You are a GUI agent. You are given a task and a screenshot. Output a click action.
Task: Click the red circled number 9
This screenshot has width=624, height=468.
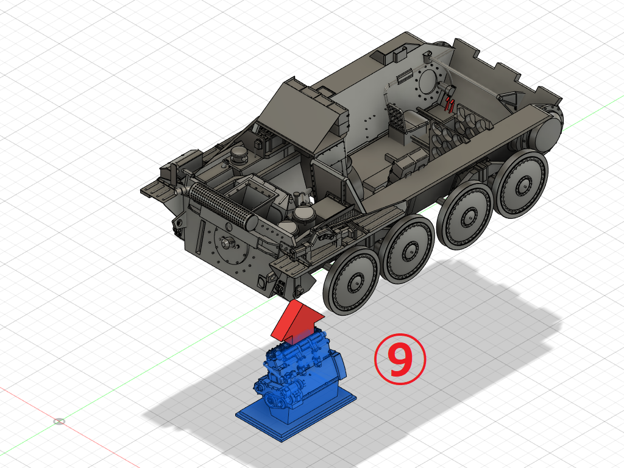(x=400, y=360)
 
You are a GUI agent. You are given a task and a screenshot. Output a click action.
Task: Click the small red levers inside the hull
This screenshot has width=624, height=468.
(x=450, y=104)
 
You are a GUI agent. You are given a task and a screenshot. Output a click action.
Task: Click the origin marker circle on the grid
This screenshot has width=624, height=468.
(x=59, y=421)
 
